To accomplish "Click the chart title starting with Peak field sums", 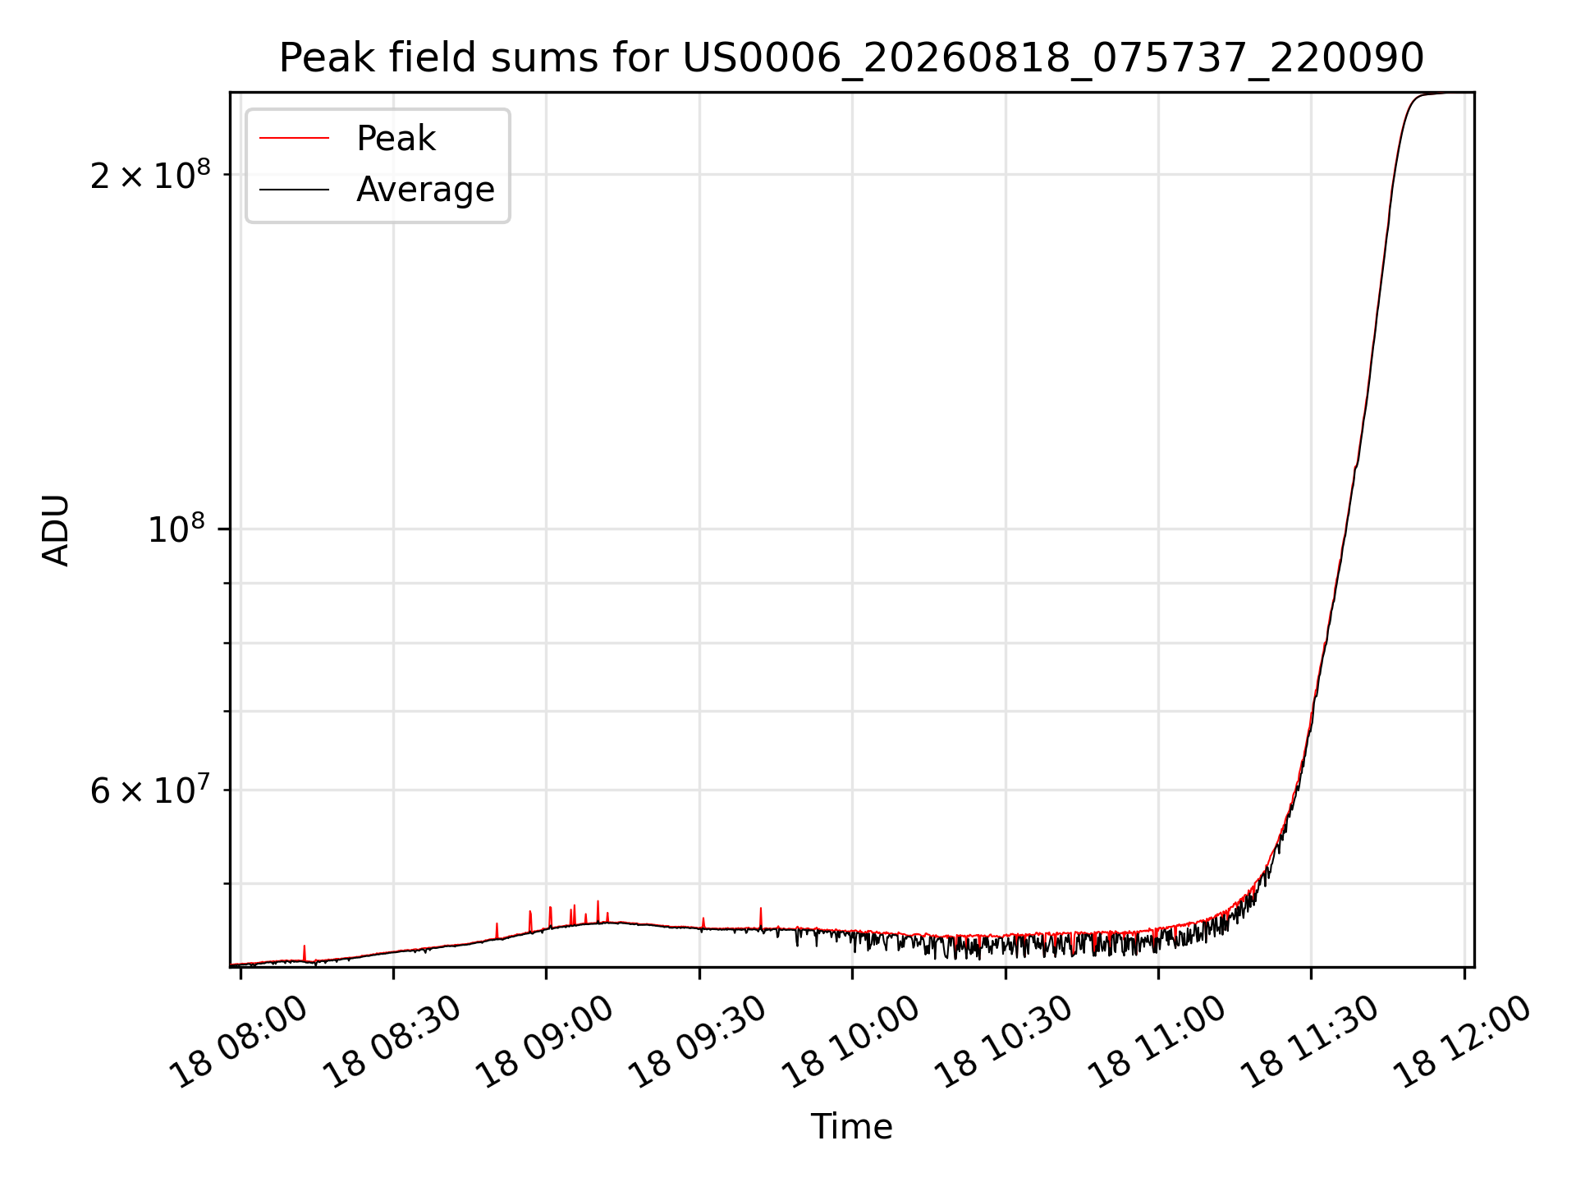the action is [x=851, y=58].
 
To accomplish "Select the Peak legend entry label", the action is [x=396, y=139].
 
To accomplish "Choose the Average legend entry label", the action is [x=425, y=190].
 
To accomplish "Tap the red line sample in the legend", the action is [x=294, y=139].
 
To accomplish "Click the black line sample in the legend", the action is [x=294, y=190].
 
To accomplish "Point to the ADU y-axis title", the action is [x=56, y=529].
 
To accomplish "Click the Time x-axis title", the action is [x=851, y=1126].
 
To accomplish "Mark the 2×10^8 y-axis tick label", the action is [x=150, y=174].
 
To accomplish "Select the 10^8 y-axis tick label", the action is [x=179, y=529].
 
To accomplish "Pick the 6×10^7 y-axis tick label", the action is [x=150, y=790].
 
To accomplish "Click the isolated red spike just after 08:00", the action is [x=305, y=952].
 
